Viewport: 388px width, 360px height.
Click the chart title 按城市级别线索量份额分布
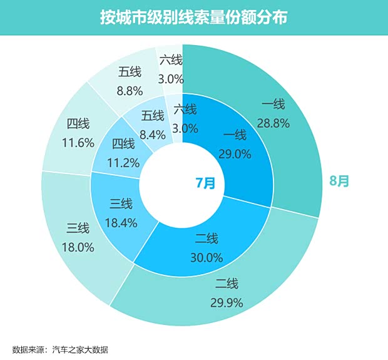(x=193, y=17)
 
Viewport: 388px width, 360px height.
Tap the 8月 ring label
(x=339, y=182)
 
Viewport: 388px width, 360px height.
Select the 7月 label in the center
(x=205, y=183)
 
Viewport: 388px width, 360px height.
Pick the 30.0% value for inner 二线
(x=206, y=257)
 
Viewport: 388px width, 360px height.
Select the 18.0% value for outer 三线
(x=78, y=247)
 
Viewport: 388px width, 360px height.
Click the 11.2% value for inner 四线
(x=123, y=162)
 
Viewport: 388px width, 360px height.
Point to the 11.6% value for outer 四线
(x=78, y=142)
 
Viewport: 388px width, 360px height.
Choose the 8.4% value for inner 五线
(x=153, y=133)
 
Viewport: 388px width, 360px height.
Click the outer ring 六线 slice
(x=170, y=69)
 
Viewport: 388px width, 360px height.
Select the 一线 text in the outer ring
(x=273, y=105)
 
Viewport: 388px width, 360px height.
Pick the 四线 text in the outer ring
(x=78, y=123)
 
